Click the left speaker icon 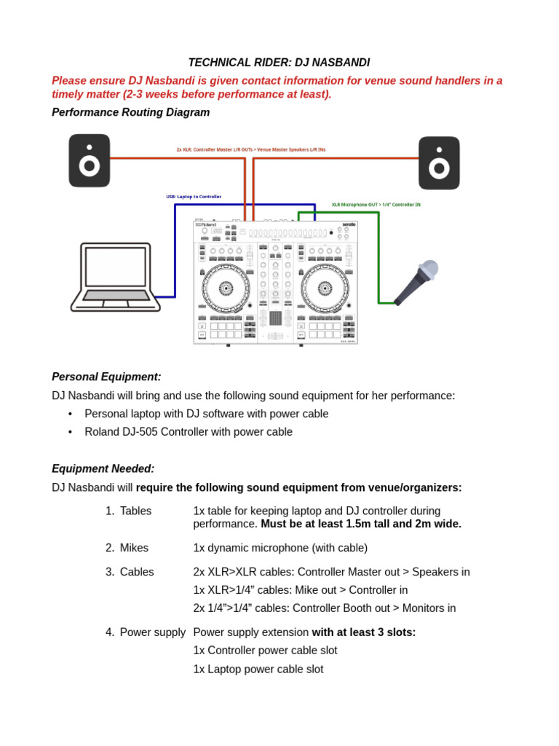pyautogui.click(x=90, y=160)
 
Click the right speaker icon pyautogui.click(x=439, y=163)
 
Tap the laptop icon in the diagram pyautogui.click(x=116, y=278)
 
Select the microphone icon pyautogui.click(x=417, y=282)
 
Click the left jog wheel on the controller pyautogui.click(x=226, y=288)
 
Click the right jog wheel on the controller pyautogui.click(x=325, y=288)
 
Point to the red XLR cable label pyautogui.click(x=250, y=149)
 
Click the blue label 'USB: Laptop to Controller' pyautogui.click(x=194, y=197)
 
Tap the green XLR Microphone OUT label pyautogui.click(x=376, y=205)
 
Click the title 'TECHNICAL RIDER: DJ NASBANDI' pyautogui.click(x=279, y=63)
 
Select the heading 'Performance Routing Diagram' pyautogui.click(x=130, y=112)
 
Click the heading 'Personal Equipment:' pyautogui.click(x=106, y=377)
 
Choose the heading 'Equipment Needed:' pyautogui.click(x=103, y=468)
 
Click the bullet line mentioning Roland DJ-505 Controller pyautogui.click(x=188, y=431)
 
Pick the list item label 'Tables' pyautogui.click(x=135, y=511)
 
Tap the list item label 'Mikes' pyautogui.click(x=135, y=548)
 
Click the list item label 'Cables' pyautogui.click(x=137, y=572)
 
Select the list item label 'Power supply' pyautogui.click(x=152, y=632)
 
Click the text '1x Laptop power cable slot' pyautogui.click(x=258, y=669)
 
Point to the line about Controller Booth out pyautogui.click(x=324, y=608)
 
